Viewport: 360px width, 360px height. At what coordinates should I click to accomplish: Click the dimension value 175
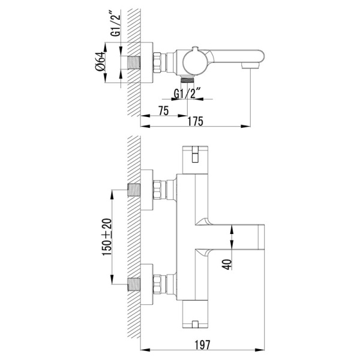pos(196,121)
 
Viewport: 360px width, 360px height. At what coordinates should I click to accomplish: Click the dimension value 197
pos(202,344)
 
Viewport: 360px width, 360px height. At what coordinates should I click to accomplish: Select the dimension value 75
pos(163,111)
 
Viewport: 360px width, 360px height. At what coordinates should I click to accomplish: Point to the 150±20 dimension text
pos(107,237)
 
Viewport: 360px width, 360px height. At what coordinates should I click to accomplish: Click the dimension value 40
pos(227,264)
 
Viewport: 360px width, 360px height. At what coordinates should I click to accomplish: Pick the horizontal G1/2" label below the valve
pos(186,94)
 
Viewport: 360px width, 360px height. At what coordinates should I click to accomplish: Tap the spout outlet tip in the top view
pos(250,66)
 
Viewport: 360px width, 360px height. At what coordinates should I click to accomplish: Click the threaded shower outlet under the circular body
pos(187,80)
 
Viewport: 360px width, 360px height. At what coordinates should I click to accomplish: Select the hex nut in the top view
pos(157,63)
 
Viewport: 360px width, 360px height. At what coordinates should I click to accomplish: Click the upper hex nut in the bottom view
pos(157,190)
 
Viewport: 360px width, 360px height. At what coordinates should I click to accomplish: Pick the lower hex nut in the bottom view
pos(157,284)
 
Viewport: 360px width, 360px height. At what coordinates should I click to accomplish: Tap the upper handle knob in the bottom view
pos(195,160)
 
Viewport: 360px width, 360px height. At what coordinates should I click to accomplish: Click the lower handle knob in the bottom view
pos(195,314)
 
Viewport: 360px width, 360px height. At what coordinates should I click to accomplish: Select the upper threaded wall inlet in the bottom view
pos(134,190)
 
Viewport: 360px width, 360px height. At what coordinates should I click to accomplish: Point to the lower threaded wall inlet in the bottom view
pos(134,284)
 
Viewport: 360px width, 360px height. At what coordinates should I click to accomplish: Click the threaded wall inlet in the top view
pos(134,62)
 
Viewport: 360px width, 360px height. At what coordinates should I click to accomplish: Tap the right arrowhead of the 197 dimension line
pos(260,350)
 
